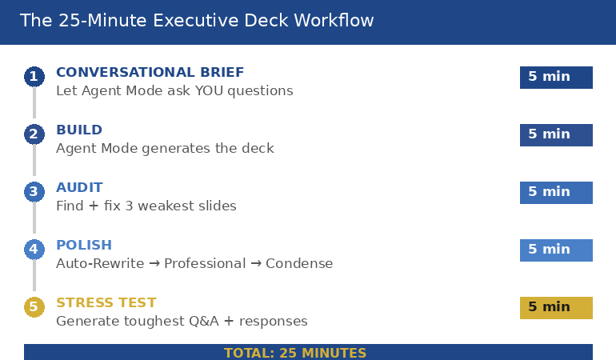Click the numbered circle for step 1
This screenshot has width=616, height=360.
point(34,77)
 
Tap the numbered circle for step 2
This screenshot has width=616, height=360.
point(34,134)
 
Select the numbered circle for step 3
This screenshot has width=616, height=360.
point(34,192)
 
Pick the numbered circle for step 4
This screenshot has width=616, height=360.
point(34,250)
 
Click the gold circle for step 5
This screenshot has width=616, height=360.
point(34,307)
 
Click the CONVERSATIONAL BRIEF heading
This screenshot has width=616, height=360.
point(150,73)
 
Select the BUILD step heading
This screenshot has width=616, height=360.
point(79,130)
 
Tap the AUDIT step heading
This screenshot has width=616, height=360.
point(79,188)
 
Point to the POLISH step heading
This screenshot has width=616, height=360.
point(84,246)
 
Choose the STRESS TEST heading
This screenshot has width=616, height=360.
point(106,303)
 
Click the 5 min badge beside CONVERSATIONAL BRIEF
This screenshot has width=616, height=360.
point(556,77)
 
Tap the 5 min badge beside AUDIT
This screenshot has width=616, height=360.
point(556,192)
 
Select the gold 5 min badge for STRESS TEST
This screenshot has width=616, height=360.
point(556,307)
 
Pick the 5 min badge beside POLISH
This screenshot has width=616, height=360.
point(556,250)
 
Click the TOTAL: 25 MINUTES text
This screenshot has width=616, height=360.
point(295,353)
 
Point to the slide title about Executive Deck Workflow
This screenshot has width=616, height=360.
point(197,21)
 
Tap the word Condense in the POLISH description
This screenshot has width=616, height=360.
point(299,264)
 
